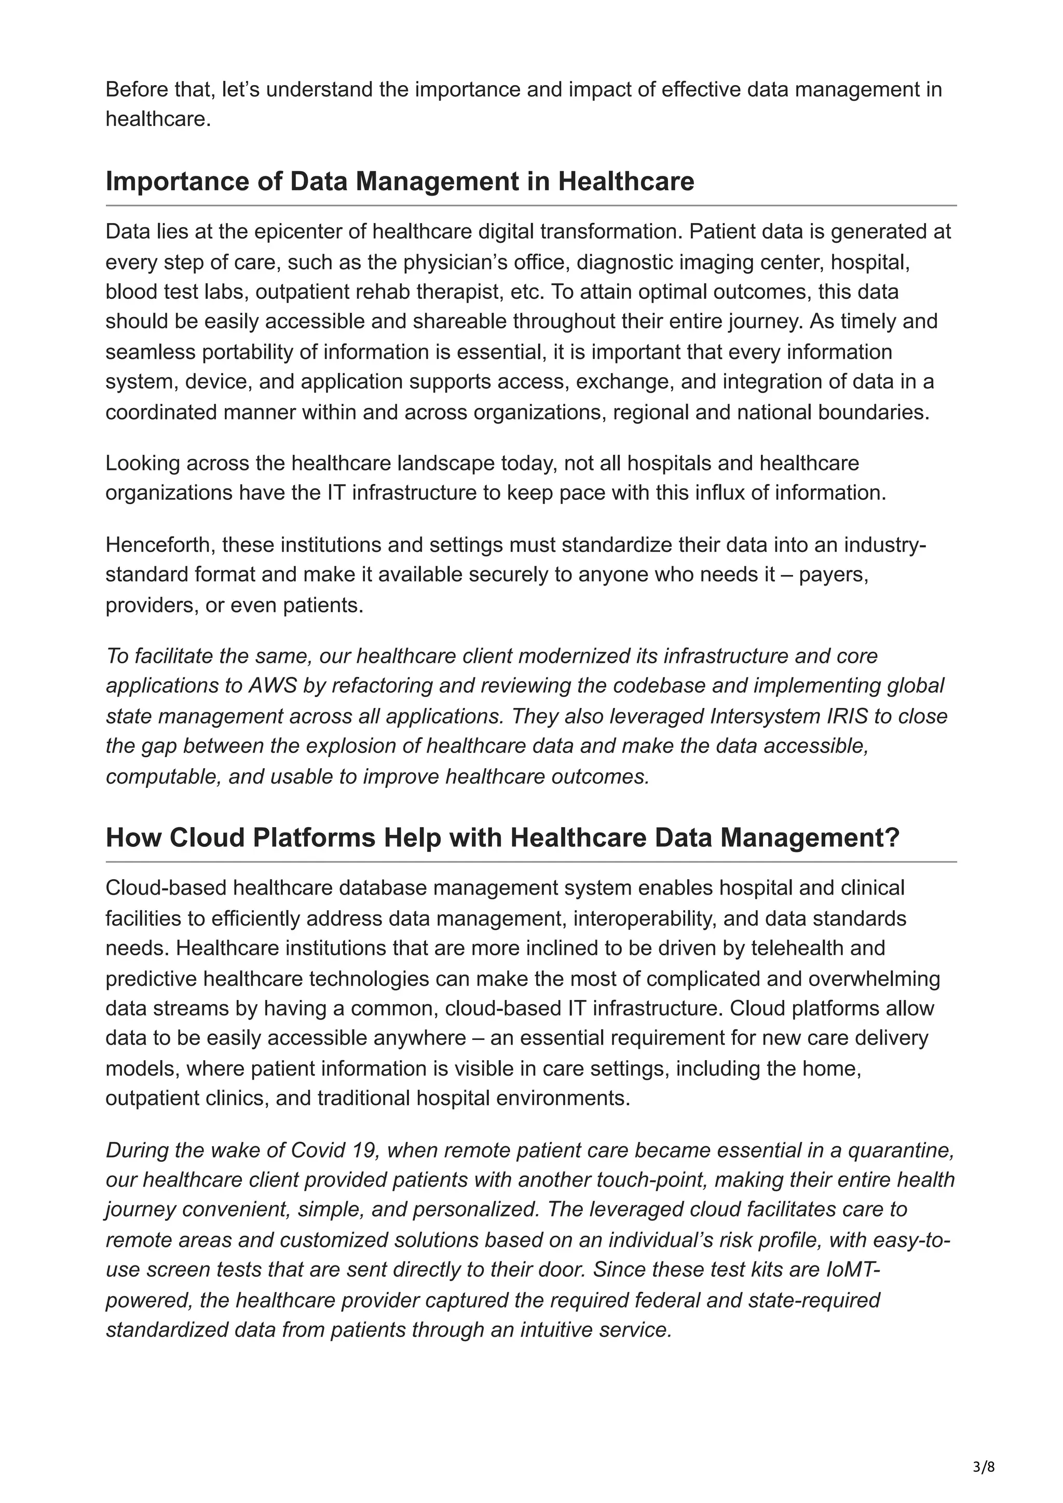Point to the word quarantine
(x=907, y=1150)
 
